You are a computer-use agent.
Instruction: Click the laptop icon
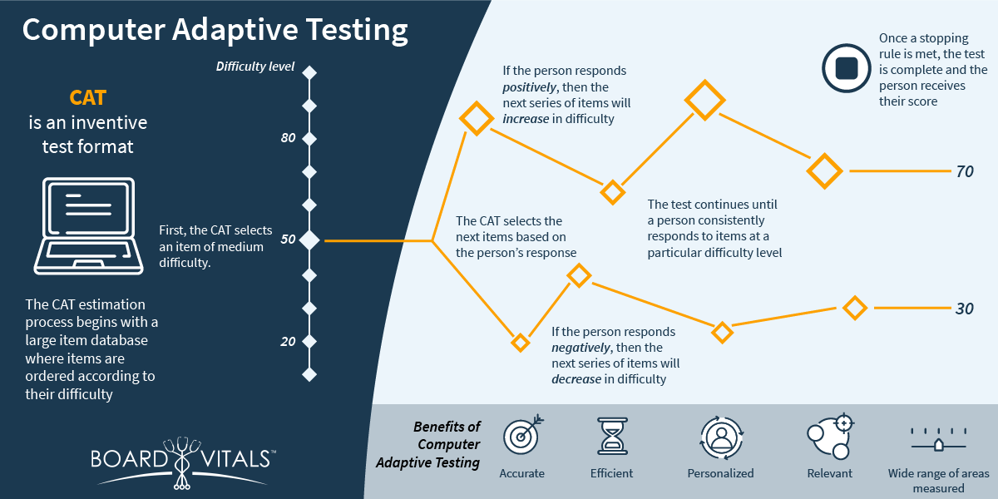point(89,226)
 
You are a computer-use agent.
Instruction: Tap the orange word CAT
point(88,98)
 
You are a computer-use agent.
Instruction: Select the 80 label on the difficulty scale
point(288,138)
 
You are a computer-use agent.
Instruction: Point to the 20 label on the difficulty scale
point(288,341)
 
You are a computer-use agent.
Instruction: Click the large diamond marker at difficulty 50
point(309,240)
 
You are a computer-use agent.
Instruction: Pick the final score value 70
point(965,171)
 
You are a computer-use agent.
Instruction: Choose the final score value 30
point(965,309)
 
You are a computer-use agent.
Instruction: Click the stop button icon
point(846,68)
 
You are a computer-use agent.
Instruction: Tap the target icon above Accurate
point(523,435)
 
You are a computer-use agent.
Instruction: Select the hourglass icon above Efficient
point(612,436)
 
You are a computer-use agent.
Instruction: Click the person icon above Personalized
point(721,438)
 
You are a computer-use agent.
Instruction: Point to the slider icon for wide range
point(938,440)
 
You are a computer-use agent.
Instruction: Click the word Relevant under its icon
point(830,473)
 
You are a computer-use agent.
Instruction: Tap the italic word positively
point(529,86)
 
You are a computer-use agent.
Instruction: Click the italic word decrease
point(576,379)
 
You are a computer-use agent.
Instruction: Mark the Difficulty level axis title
point(254,67)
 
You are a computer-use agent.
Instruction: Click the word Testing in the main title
point(357,30)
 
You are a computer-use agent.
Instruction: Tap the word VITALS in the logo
point(235,459)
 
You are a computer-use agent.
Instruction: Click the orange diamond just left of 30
point(855,308)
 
